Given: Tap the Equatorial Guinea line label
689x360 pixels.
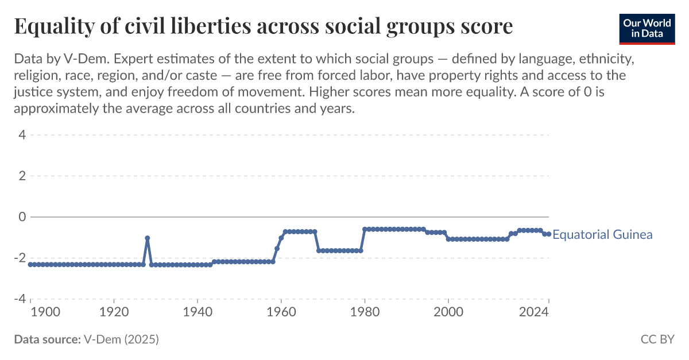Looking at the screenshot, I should (602, 234).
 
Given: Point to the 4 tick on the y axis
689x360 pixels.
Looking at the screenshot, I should (21, 136).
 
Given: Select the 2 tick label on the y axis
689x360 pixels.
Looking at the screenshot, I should (21, 176).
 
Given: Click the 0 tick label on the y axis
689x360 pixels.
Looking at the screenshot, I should (21, 217).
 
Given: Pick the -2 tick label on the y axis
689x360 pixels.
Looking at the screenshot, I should (19, 258).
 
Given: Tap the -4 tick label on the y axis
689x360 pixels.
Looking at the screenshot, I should (19, 299).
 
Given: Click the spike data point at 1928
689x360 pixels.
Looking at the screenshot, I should (148, 238).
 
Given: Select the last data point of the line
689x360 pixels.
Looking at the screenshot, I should (548, 234).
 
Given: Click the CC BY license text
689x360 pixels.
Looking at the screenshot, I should (657, 339).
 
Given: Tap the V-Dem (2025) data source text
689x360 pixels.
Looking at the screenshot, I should (121, 339).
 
